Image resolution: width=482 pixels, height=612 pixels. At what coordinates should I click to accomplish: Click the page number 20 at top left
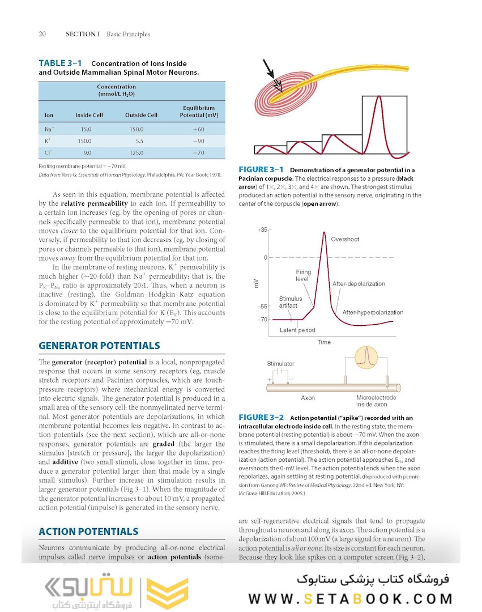[42, 34]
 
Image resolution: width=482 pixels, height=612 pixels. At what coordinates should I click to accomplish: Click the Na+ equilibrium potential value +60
[198, 129]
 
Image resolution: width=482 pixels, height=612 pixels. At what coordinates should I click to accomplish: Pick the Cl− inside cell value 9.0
[88, 152]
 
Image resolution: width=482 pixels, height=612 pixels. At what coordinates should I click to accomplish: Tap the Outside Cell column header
[141, 115]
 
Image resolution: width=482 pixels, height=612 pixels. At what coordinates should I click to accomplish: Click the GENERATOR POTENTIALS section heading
[99, 346]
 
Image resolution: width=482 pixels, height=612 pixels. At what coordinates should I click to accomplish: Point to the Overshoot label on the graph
[345, 239]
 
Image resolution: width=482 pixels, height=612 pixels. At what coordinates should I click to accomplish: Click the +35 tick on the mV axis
[261, 230]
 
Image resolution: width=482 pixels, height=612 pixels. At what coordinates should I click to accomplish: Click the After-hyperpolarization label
[373, 312]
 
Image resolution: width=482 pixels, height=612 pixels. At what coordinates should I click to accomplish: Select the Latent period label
[297, 330]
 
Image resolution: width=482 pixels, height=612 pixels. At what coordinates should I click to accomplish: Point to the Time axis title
[324, 342]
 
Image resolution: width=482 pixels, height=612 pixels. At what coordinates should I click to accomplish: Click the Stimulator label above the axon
[280, 363]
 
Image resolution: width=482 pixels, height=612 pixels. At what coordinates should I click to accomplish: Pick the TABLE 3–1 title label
[60, 63]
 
